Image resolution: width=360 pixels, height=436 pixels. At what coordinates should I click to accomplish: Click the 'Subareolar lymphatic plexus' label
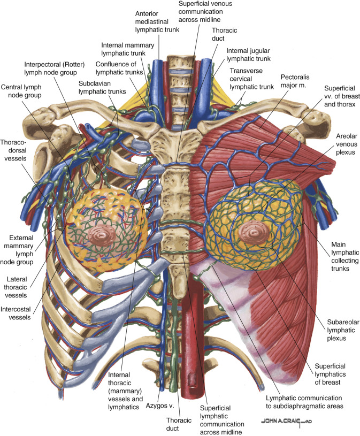point(335,330)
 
